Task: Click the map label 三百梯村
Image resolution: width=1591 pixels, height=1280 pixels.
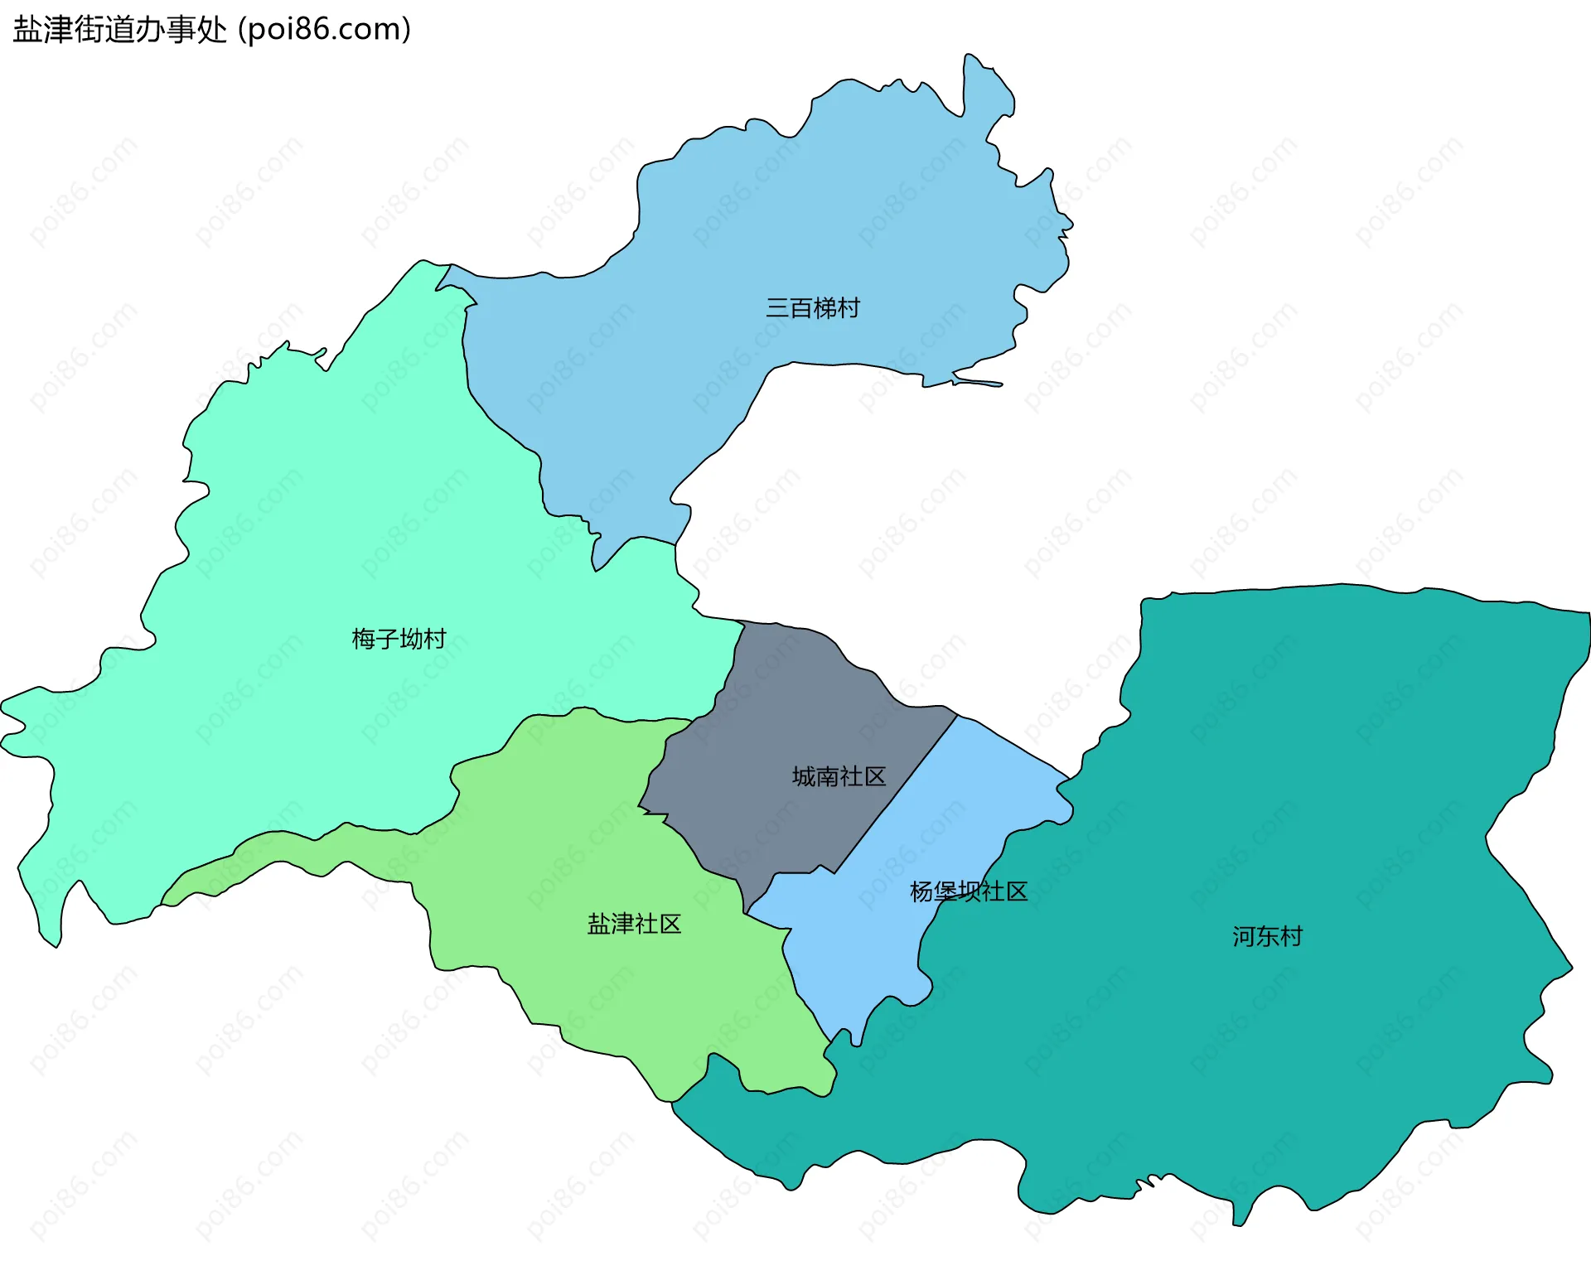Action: pyautogui.click(x=812, y=308)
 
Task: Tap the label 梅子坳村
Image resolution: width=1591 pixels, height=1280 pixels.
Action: pyautogui.click(x=399, y=639)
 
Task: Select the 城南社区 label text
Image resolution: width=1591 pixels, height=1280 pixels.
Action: pyautogui.click(x=839, y=776)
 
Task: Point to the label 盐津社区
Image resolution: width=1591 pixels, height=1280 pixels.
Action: pyautogui.click(x=634, y=924)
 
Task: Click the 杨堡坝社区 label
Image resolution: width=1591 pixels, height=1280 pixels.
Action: pyautogui.click(x=968, y=891)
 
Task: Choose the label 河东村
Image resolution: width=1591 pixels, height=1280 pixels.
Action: pyautogui.click(x=1267, y=936)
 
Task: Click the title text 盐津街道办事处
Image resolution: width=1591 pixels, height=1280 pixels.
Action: pyautogui.click(x=120, y=30)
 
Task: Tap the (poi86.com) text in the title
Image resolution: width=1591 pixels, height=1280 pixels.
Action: pyautogui.click(x=325, y=30)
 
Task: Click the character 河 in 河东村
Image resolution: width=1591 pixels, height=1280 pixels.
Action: pyautogui.click(x=1244, y=936)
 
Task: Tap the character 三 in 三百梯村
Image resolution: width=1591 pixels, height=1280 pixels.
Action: pyautogui.click(x=777, y=308)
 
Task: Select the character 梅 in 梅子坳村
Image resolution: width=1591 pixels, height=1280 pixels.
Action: pyautogui.click(x=364, y=639)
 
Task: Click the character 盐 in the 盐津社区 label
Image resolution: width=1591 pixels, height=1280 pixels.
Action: pyautogui.click(x=599, y=924)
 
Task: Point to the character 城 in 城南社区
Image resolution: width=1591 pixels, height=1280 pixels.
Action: pyautogui.click(x=804, y=776)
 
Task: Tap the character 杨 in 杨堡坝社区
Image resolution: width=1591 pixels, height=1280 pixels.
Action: pyautogui.click(x=921, y=891)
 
